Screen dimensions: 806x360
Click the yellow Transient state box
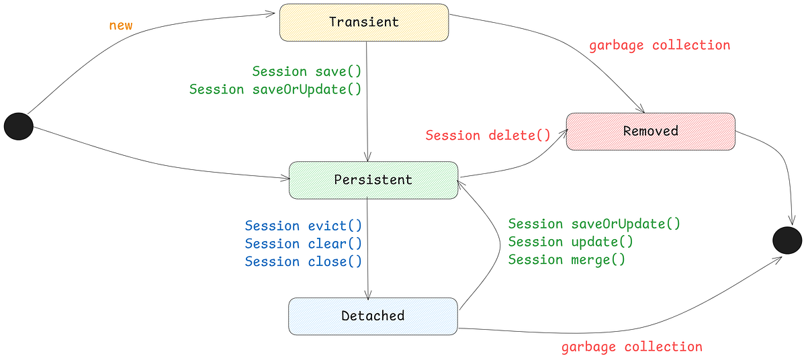[364, 23]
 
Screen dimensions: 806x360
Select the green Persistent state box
[373, 180]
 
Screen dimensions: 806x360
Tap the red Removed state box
[651, 132]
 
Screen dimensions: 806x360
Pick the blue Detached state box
[373, 316]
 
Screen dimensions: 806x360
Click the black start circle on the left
[19, 126]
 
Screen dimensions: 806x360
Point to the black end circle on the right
[787, 240]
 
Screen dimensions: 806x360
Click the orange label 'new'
[121, 26]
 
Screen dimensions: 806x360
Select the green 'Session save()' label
[306, 71]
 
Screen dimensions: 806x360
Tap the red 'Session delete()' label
[488, 135]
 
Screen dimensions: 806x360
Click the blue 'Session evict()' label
[304, 226]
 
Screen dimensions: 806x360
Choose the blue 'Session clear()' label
[304, 244]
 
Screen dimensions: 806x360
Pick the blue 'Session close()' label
[304, 261]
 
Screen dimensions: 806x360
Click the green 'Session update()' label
[571, 242]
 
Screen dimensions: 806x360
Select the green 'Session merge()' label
[567, 260]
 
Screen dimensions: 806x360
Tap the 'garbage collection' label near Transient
[660, 46]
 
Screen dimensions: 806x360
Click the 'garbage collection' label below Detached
[632, 347]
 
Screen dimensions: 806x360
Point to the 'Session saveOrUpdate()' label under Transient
[275, 89]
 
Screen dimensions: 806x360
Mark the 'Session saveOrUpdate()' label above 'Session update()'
[594, 224]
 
